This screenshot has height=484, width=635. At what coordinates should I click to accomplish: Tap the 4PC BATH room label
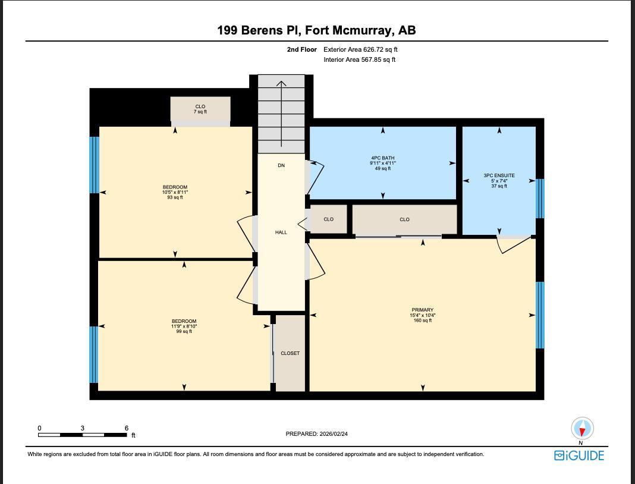pyautogui.click(x=383, y=163)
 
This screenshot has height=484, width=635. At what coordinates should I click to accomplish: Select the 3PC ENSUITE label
pyautogui.click(x=499, y=180)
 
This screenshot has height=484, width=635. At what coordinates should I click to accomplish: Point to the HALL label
pyautogui.click(x=281, y=232)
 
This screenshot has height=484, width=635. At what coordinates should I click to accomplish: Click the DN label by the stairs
pyautogui.click(x=281, y=165)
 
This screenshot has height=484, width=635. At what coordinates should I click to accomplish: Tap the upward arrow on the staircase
pyautogui.click(x=281, y=113)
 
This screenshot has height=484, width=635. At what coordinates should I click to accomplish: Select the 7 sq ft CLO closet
pyautogui.click(x=200, y=109)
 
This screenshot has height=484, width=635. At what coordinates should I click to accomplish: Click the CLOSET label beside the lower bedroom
pyautogui.click(x=290, y=353)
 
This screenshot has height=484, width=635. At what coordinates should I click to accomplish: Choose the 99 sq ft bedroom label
pyautogui.click(x=184, y=326)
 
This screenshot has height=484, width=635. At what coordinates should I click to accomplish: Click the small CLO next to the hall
pyautogui.click(x=328, y=219)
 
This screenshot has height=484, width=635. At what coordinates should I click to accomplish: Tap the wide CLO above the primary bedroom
pyautogui.click(x=404, y=219)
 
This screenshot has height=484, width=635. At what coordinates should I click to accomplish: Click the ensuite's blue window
pyautogui.click(x=540, y=199)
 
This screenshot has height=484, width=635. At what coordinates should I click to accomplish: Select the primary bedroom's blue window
pyautogui.click(x=540, y=315)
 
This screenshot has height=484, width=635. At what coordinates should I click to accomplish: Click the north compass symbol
pyautogui.click(x=582, y=428)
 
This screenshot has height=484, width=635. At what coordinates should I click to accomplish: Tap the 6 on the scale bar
pyautogui.click(x=127, y=428)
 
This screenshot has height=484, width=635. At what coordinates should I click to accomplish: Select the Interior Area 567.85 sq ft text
pyautogui.click(x=360, y=59)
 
